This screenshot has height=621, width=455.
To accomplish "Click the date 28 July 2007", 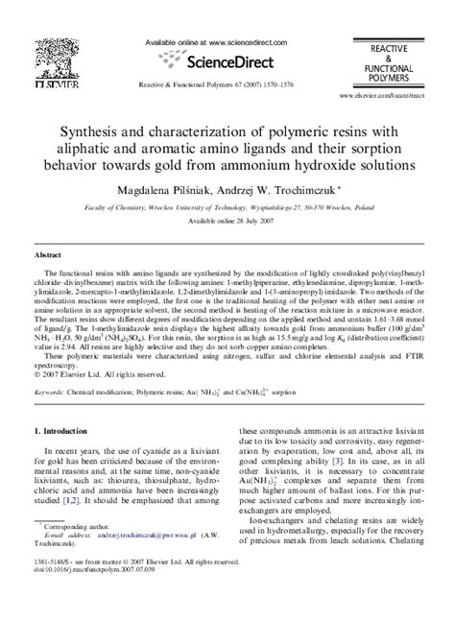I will pyautogui.click(x=248, y=220).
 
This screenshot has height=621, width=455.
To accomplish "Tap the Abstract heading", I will pyautogui.click(x=49, y=257).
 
